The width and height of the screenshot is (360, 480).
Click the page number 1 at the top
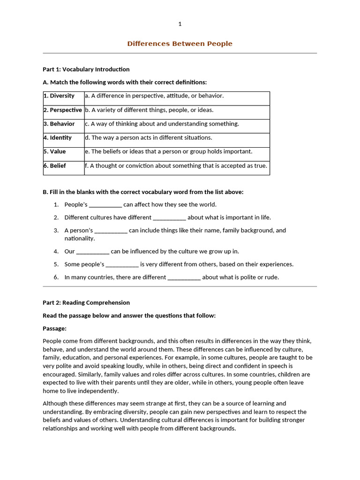pos(180,24)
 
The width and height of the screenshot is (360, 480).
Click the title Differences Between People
pos(180,44)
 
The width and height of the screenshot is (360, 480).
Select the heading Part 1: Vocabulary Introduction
pos(86,69)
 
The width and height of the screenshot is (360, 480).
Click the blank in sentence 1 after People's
pos(105,205)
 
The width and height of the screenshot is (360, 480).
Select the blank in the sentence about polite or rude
pos(184,277)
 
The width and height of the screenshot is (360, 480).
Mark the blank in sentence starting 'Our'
pos(93,252)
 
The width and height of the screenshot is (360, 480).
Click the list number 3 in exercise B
pos(56,231)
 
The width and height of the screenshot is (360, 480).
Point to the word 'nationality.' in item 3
pos(80,239)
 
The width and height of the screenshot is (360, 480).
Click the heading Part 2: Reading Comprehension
pos(86,303)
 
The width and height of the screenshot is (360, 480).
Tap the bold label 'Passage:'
pos(54,329)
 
